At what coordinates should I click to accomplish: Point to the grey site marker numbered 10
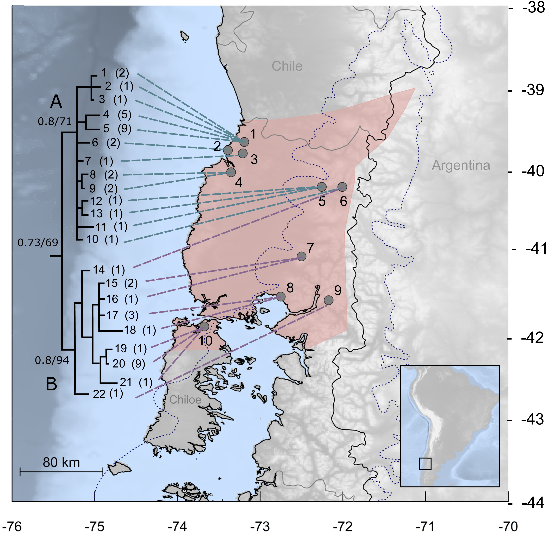204,326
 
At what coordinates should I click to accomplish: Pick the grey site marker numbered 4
231,172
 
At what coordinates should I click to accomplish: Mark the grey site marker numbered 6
342,187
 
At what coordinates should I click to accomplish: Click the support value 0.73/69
38,242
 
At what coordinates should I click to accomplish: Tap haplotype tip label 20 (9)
129,364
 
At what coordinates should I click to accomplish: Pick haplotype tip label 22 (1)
108,394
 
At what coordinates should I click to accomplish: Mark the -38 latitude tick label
533,8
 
